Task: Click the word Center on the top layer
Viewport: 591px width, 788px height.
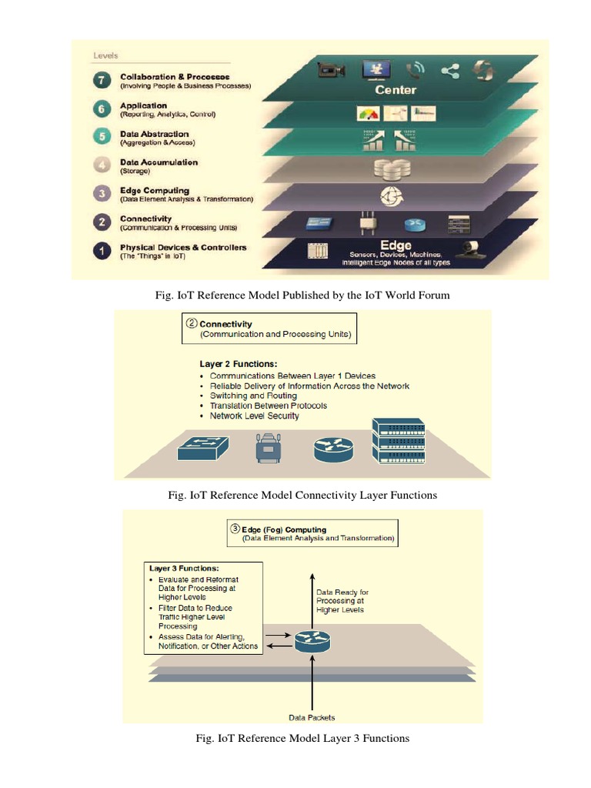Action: tap(395, 90)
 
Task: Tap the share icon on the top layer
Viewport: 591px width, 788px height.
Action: tap(450, 72)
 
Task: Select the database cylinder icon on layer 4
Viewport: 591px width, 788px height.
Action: tap(391, 168)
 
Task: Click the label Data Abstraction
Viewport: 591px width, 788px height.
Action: tap(154, 134)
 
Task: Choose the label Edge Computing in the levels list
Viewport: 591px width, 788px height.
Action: tap(154, 191)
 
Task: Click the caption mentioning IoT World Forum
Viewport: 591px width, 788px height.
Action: tap(302, 295)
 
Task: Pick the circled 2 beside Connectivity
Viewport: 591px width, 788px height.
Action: tap(191, 324)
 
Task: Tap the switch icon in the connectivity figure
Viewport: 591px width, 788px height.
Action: tap(203, 446)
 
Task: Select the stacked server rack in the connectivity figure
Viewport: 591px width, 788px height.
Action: tap(398, 441)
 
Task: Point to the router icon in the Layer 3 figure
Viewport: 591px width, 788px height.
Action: tap(312, 638)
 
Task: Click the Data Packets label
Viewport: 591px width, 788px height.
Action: tap(312, 717)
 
